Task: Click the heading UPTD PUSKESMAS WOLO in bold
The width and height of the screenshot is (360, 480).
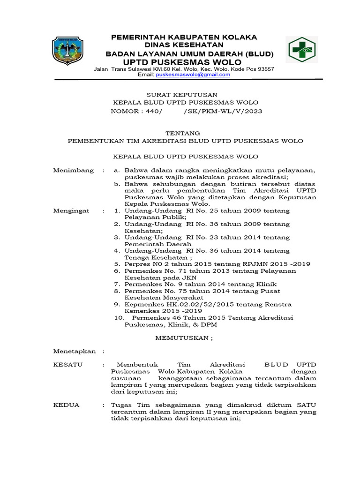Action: (182, 62)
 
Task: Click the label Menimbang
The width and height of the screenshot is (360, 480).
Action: (73, 170)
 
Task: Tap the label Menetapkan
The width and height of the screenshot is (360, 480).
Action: (75, 351)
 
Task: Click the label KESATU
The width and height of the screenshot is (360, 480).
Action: (68, 364)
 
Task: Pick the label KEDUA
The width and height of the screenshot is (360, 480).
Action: (67, 405)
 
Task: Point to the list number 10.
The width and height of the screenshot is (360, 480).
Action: (120, 317)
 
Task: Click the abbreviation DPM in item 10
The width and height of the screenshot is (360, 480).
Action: (209, 324)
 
